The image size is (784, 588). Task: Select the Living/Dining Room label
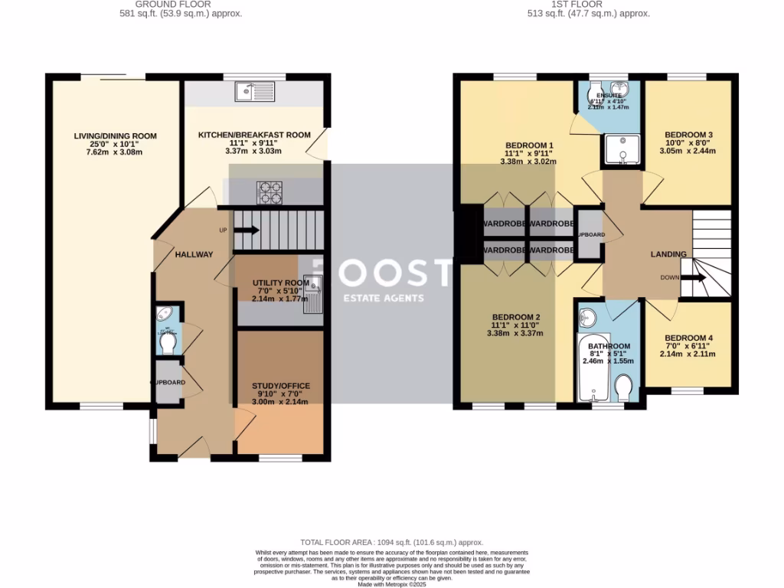[115, 136]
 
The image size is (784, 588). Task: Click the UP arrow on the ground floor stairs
[249, 230]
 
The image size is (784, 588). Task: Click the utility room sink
[315, 295]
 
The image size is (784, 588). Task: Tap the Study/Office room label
[281, 386]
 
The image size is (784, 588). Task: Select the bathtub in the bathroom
[591, 369]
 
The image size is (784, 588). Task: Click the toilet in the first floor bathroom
[623, 387]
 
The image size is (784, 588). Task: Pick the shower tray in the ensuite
[621, 150]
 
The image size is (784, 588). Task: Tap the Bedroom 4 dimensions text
[685, 354]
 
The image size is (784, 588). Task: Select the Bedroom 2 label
[516, 317]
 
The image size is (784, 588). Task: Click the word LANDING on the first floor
[668, 254]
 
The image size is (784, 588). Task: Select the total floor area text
[391, 542]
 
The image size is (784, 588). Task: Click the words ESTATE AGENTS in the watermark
[383, 299]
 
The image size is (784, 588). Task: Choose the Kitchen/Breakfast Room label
[254, 135]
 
